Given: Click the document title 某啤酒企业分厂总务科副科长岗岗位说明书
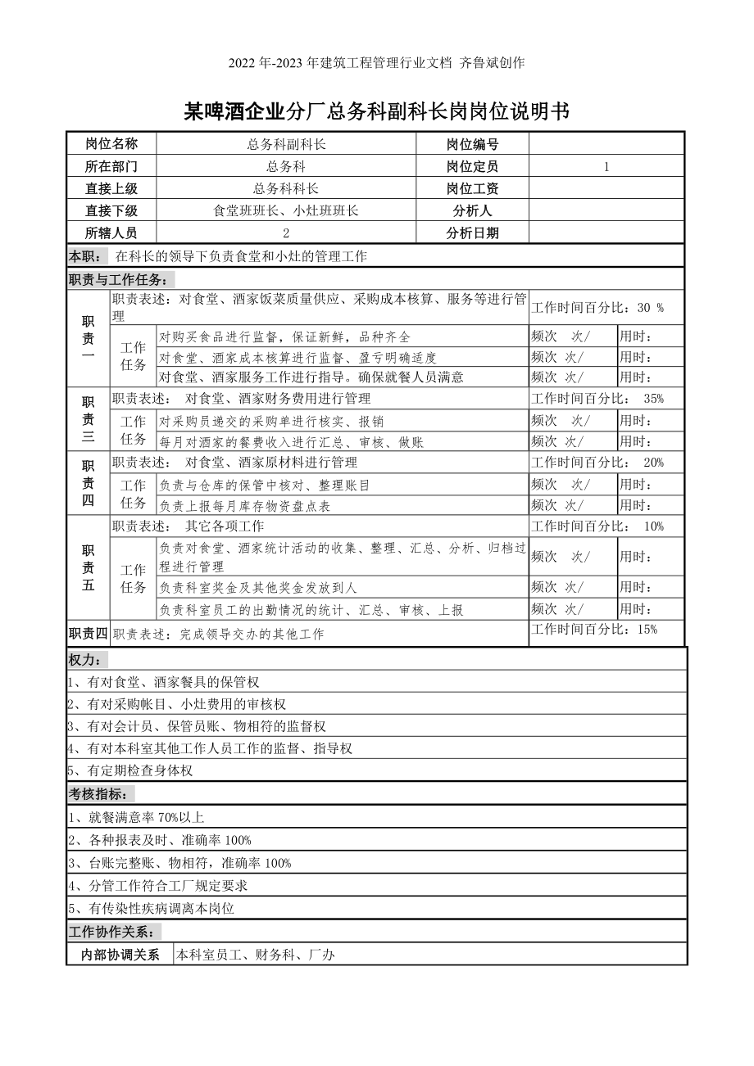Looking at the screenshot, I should click(376, 112).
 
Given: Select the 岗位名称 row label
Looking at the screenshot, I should click(111, 144).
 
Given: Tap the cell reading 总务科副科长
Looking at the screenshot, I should click(286, 144).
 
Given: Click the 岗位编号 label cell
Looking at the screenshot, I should click(472, 145).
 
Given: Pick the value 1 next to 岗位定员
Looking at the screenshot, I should click(606, 167).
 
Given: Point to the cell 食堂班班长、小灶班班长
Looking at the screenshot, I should click(286, 210).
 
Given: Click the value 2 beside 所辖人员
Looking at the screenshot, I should click(286, 233).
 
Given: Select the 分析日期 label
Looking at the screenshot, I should click(472, 233).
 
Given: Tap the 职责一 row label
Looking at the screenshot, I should click(89, 338).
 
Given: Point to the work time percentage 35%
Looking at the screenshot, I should click(653, 399).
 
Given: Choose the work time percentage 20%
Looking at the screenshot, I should click(653, 463).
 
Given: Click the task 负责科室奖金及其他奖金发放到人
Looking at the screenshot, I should click(258, 588).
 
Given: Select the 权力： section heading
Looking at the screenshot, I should click(86, 660).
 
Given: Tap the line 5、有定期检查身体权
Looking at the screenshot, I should click(130, 770).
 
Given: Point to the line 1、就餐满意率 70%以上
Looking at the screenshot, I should click(137, 817).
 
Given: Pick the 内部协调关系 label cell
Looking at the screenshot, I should click(120, 955).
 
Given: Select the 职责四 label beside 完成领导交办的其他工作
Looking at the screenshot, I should click(88, 633).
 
